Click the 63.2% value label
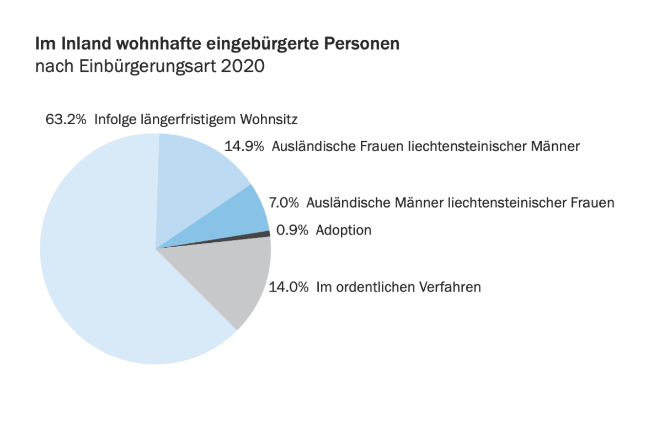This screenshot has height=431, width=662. pos(66,119)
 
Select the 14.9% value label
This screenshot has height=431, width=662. pos(244,146)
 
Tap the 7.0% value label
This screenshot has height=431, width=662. pos(284,203)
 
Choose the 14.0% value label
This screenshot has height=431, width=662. pos(289,287)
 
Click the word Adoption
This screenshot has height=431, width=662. pos(343,230)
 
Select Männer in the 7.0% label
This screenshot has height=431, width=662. pos(419,203)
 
